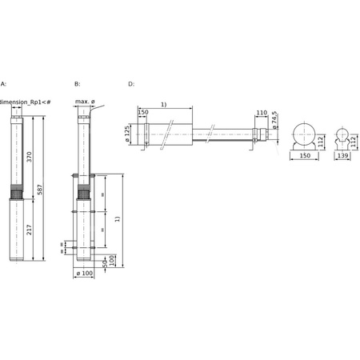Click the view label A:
coord(3,83)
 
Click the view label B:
coord(77,83)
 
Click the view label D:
coord(131,83)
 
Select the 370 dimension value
coord(30,157)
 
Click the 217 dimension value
coord(30,231)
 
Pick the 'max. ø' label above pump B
coord(86,102)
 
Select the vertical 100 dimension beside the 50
coord(112,259)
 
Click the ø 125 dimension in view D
coord(128,134)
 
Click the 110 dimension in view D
coord(262,113)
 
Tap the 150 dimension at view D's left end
coord(142,113)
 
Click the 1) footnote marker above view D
coord(164,104)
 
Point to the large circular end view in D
coord(304,135)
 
